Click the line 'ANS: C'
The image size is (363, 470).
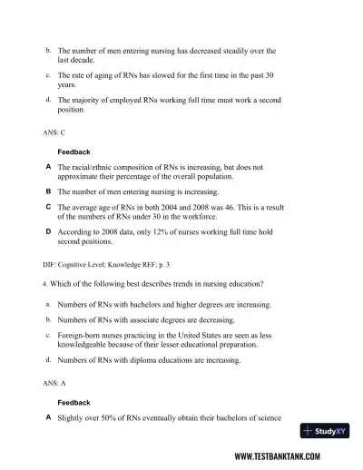coord(42,132)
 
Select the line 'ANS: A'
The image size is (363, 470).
coord(42,384)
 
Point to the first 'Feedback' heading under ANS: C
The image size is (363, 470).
coord(74,151)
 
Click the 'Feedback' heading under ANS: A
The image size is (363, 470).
coord(74,402)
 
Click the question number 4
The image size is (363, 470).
coord(32,284)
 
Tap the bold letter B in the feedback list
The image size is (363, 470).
coord(47,192)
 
